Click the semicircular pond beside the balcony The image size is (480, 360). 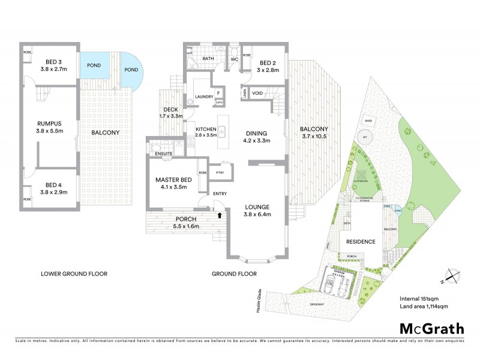132,70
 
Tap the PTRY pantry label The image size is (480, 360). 220,170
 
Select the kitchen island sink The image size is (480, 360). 221,131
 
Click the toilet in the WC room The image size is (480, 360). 235,53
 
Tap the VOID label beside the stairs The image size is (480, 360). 257,93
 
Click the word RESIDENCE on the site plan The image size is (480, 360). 360,242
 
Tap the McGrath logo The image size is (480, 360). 432,328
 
